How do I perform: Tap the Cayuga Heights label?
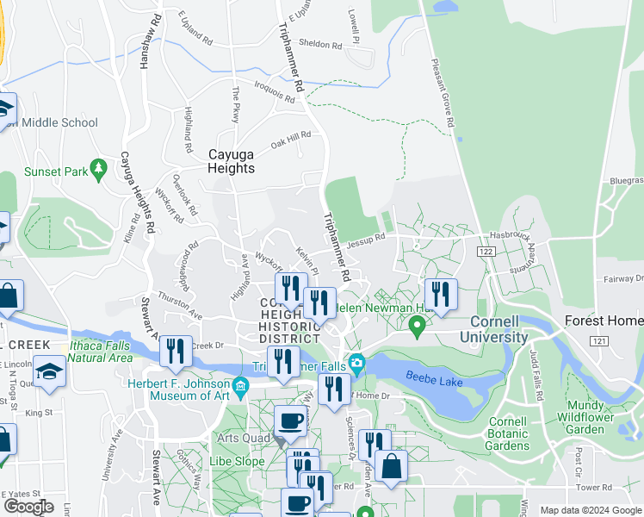tap(232, 161)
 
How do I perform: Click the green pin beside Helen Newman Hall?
tap(418, 327)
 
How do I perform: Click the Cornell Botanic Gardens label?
tap(508, 434)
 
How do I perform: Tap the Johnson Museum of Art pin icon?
tap(240, 384)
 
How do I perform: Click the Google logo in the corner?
tap(28, 507)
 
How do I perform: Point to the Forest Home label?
tap(604, 321)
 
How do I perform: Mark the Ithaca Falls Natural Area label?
tap(100, 351)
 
